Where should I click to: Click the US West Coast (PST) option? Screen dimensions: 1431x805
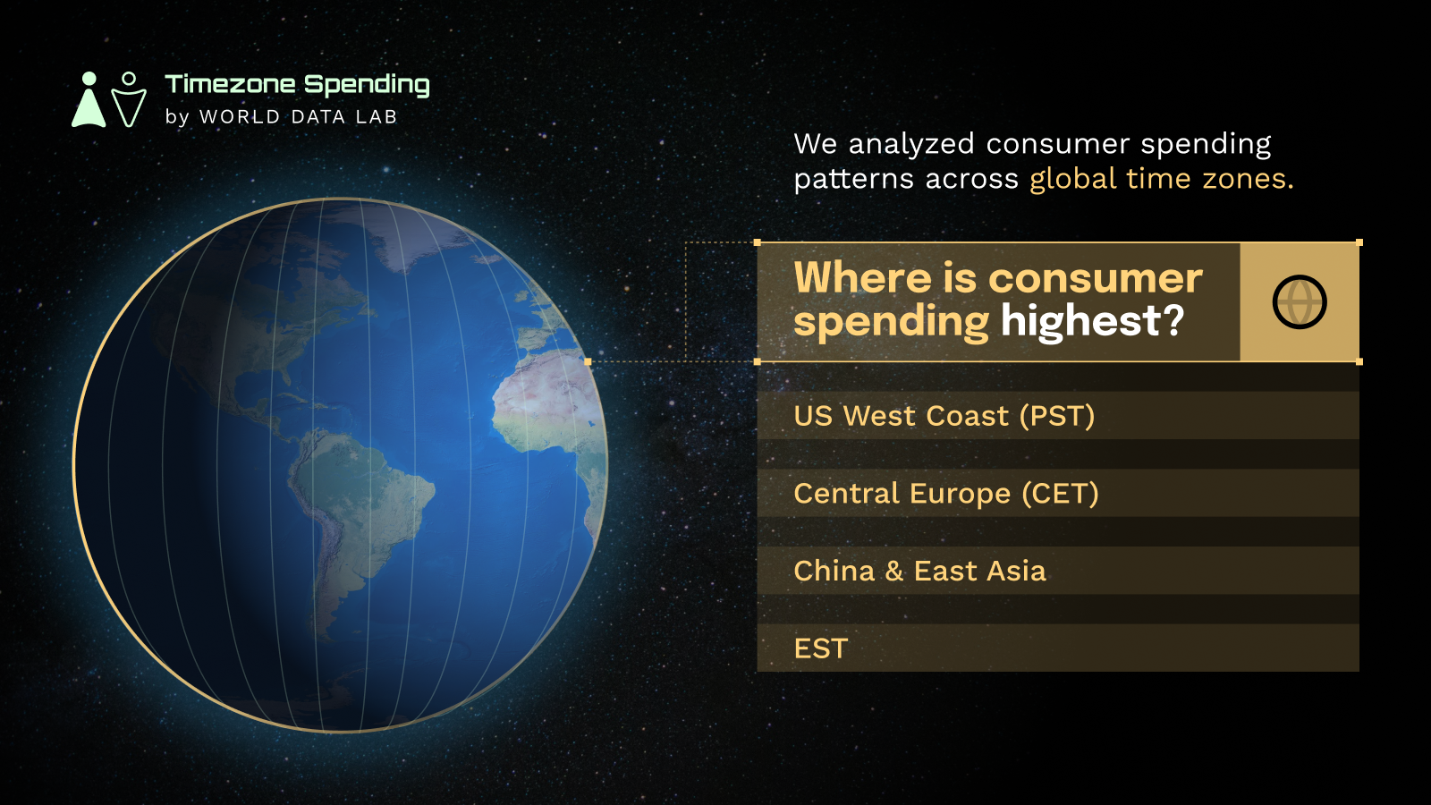[x=1058, y=415]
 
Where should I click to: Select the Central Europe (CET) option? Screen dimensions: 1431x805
[x=1058, y=493]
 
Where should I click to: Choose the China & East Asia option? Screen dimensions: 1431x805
[x=1058, y=571]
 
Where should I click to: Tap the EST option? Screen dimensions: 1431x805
[x=1058, y=648]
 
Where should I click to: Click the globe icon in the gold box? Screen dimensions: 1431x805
[x=1300, y=302]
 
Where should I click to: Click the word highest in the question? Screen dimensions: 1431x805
[x=1080, y=320]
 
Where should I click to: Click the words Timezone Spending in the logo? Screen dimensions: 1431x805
[x=297, y=85]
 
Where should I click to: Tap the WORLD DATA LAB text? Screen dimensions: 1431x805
[x=299, y=117]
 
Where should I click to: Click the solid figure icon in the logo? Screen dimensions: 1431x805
[x=89, y=99]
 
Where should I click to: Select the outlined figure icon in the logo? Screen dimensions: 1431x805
[x=129, y=99]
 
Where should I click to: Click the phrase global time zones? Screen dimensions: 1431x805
[x=1162, y=179]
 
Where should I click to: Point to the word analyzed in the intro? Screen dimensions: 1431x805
[x=911, y=145]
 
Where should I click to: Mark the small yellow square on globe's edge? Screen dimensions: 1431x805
[x=588, y=361]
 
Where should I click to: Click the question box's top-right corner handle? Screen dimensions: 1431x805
[x=1359, y=242]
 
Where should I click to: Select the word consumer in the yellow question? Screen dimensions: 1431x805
[x=1096, y=279]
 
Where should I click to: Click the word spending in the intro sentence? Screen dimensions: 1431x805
[x=1207, y=145]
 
